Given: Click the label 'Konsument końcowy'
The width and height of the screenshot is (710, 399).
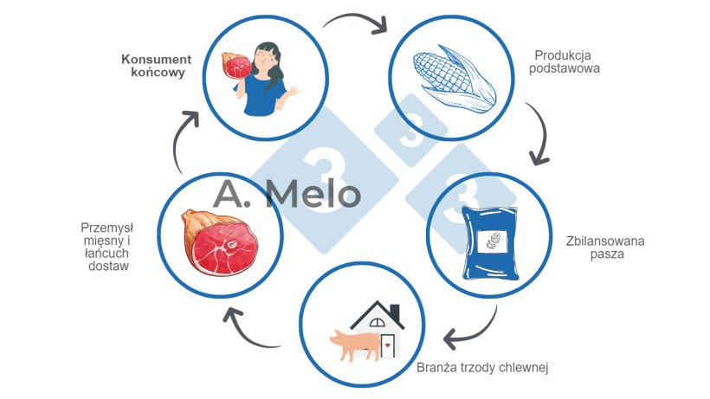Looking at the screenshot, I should [156, 67].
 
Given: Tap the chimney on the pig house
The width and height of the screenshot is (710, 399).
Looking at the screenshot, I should [395, 311].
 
